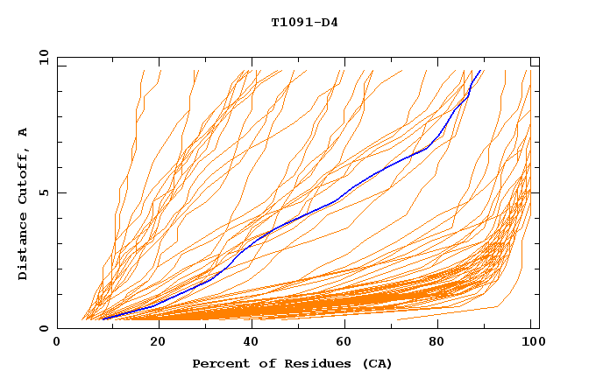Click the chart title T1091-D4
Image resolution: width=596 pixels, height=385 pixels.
(x=304, y=22)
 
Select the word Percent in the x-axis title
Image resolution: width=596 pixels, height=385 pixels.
(x=217, y=363)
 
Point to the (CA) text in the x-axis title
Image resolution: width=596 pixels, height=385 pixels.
(x=374, y=363)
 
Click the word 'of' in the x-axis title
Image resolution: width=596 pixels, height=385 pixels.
(x=259, y=363)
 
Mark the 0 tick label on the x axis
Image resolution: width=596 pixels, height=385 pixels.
(x=58, y=342)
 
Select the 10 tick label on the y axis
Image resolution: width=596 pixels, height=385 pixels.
(x=42, y=57)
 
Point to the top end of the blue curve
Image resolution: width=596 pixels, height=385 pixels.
(x=480, y=70)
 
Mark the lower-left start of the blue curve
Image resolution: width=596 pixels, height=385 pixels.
(x=102, y=318)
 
